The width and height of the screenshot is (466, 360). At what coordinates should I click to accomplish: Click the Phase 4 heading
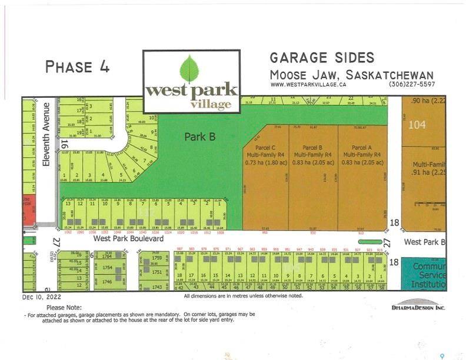(x=77, y=66)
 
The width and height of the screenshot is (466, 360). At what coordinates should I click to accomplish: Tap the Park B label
(x=199, y=137)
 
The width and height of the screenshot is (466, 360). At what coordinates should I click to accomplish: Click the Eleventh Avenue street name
(x=47, y=134)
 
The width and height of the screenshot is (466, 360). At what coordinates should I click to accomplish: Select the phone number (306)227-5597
(x=411, y=85)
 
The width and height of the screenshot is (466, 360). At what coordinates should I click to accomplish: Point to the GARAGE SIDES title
(x=322, y=58)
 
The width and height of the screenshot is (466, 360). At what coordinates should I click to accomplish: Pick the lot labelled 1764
(x=107, y=256)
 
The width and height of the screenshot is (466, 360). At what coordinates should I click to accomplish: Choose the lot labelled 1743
(x=157, y=287)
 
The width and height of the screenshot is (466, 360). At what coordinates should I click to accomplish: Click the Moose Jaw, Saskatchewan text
(x=351, y=75)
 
